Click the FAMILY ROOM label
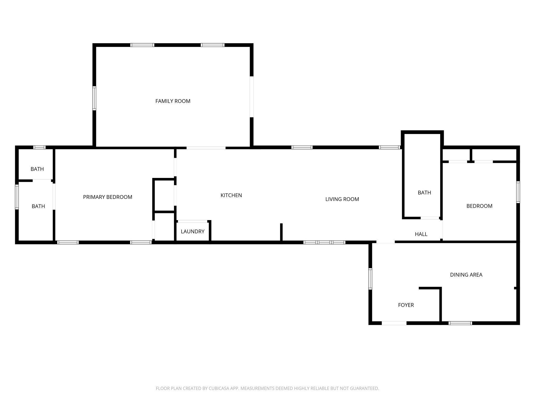(x=173, y=101)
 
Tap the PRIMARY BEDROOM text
(x=107, y=197)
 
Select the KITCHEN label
(x=231, y=195)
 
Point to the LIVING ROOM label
(x=342, y=199)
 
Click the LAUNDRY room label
(x=193, y=231)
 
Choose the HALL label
(x=421, y=234)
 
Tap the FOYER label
(x=406, y=305)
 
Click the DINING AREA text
(x=466, y=275)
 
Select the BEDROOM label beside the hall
(x=479, y=206)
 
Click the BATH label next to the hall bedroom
(x=424, y=193)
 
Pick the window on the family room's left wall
(x=94, y=98)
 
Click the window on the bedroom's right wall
(x=518, y=192)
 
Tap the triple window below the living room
(x=324, y=242)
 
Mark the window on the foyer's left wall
(x=370, y=279)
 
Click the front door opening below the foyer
(x=394, y=323)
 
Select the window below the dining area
(x=460, y=323)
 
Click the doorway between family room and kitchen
(x=206, y=148)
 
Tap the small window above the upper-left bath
(x=39, y=147)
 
